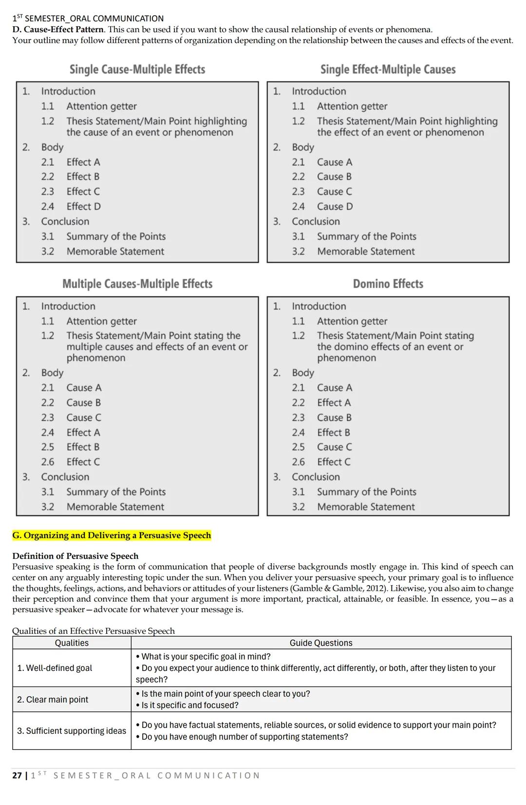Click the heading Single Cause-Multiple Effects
[137, 70]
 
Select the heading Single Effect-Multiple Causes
[388, 70]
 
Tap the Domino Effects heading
[388, 284]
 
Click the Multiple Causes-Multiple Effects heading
[137, 284]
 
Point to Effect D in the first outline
[83, 206]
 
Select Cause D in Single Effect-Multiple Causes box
[335, 206]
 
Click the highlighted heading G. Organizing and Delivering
[112, 535]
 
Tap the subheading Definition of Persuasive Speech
[75, 556]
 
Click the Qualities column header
[72, 643]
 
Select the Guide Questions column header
[320, 643]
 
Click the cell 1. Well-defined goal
[55, 668]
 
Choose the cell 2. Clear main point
[53, 700]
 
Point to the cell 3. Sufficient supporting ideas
[71, 731]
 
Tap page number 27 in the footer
[17, 775]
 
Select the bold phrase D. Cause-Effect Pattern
[57, 29]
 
